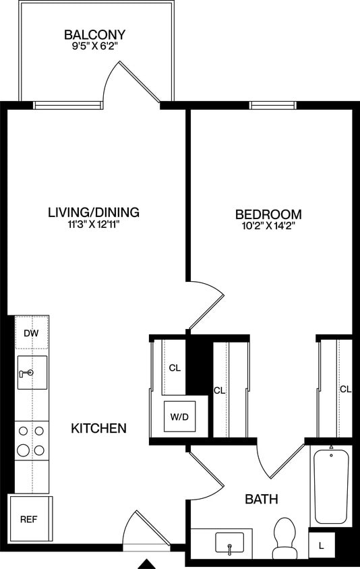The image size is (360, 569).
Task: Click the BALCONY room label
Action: (x=95, y=34)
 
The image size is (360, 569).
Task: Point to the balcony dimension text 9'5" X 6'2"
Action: (x=95, y=48)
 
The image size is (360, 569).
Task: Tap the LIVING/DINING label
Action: (x=94, y=212)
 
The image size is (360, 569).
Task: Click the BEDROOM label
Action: (x=268, y=215)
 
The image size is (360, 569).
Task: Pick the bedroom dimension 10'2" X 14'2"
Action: (x=268, y=228)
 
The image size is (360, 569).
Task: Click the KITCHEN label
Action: (x=99, y=428)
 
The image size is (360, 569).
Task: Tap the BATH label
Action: (x=262, y=500)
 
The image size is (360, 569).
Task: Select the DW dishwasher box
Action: (x=31, y=332)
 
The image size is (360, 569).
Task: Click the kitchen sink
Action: (x=32, y=372)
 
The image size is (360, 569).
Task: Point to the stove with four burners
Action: (x=32, y=440)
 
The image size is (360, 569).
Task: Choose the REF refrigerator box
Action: (x=28, y=519)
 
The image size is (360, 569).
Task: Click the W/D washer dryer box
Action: (x=179, y=417)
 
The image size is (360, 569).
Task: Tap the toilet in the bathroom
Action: (x=284, y=538)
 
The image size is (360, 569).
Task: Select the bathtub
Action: (x=331, y=485)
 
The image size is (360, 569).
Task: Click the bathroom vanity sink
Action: (x=230, y=542)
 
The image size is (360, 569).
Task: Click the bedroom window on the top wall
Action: (x=273, y=105)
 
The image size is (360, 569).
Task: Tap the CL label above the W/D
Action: (x=175, y=368)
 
